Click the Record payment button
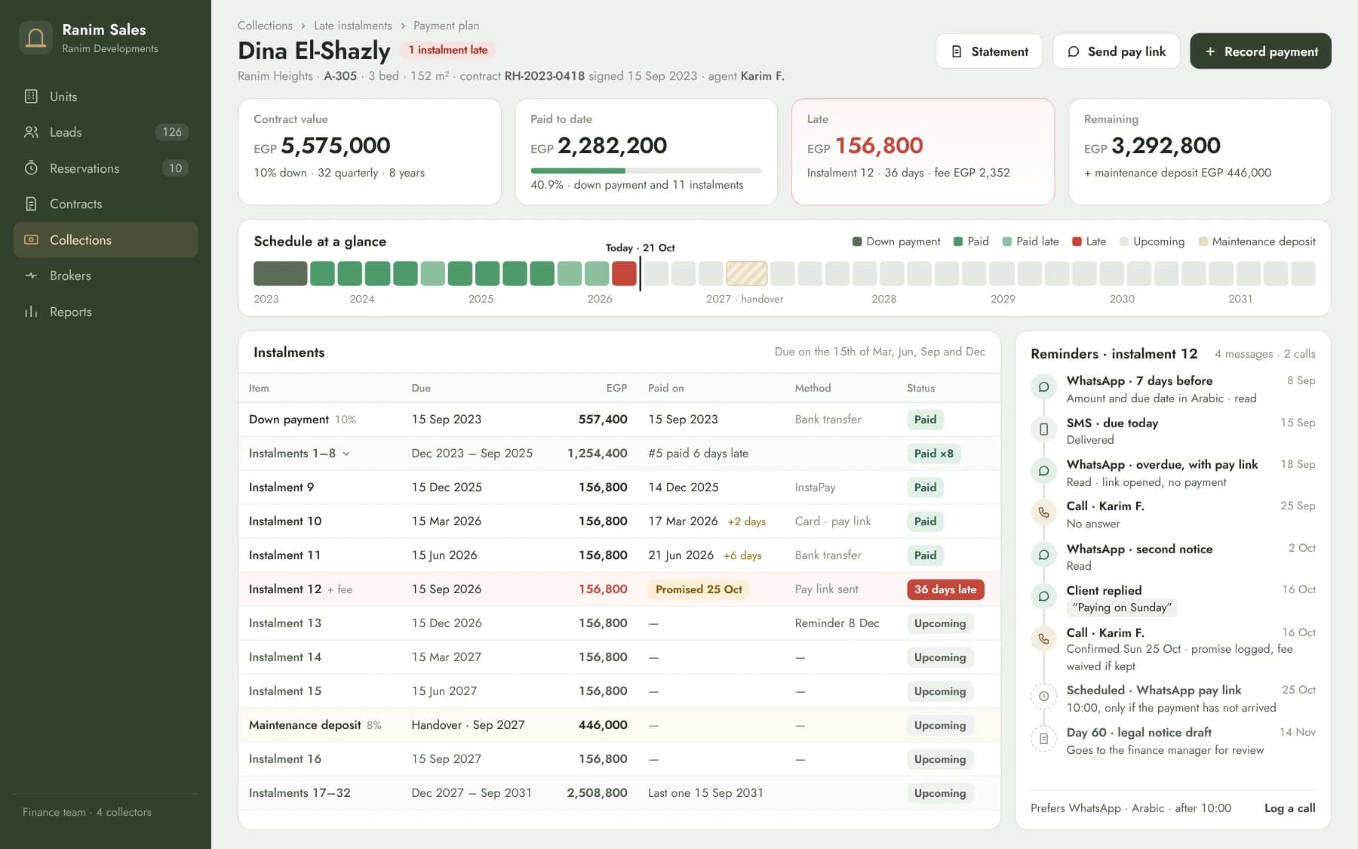point(1260,51)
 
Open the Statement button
point(988,51)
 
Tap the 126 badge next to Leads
point(172,132)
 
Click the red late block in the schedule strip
point(624,273)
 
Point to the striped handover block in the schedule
point(746,273)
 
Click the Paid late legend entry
point(1031,241)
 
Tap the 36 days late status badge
point(945,589)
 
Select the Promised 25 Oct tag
point(699,589)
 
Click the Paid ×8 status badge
point(933,454)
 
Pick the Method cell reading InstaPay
point(815,488)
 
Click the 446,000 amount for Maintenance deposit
point(603,725)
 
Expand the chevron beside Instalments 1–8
point(346,454)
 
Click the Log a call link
point(1289,808)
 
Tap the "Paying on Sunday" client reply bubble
point(1122,608)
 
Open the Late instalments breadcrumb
point(353,26)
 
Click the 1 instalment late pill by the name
point(448,50)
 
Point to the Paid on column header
point(666,388)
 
